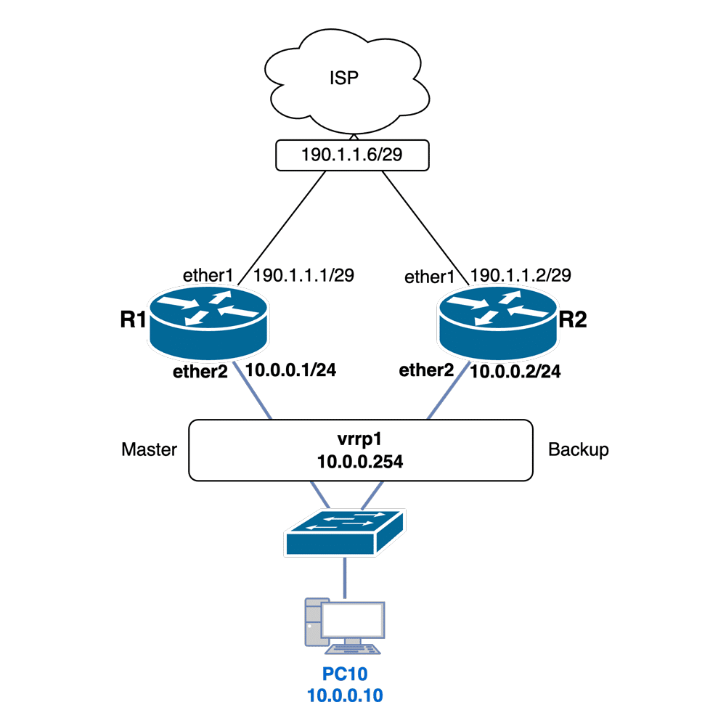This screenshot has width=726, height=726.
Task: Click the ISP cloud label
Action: point(344,78)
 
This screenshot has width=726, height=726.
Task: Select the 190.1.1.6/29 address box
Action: point(353,155)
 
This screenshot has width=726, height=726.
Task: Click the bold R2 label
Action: point(572,321)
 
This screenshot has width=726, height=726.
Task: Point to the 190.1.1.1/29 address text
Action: point(303,277)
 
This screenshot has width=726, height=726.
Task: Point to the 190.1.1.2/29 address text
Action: point(521,276)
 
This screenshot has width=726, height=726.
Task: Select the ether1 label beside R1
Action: point(207,277)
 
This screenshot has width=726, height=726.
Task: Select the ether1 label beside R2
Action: point(429,277)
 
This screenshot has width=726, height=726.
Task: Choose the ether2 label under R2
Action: point(427,370)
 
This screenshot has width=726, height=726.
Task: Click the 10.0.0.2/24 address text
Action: point(516,372)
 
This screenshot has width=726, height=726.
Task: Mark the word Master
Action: point(149,450)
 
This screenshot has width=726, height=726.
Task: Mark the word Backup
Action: point(579,450)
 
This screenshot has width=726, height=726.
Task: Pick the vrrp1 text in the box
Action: point(359,439)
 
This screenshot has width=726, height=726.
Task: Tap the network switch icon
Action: point(345,533)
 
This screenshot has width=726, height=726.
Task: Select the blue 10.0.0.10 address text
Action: point(345,696)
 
